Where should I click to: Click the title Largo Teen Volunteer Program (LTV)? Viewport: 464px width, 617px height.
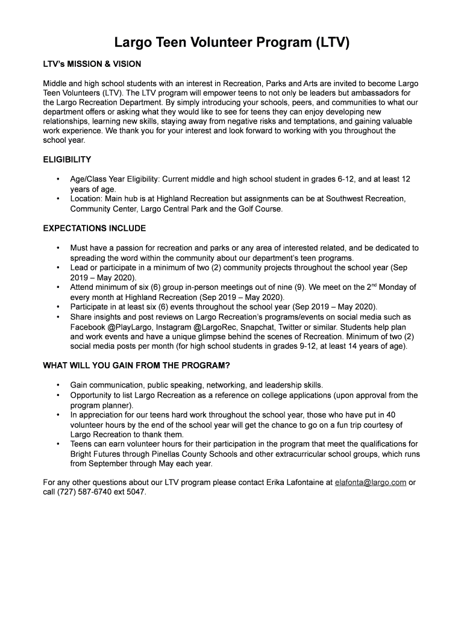(x=232, y=43)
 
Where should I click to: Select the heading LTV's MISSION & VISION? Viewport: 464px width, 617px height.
(x=92, y=64)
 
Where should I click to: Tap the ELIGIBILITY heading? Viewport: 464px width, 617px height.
(x=67, y=160)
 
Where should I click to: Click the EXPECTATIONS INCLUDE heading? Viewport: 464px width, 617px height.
(x=95, y=228)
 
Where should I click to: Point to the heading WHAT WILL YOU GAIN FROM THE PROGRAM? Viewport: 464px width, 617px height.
(x=136, y=366)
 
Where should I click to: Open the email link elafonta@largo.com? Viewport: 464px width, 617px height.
(x=370, y=483)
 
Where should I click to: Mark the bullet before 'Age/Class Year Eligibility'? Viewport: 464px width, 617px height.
(x=58, y=180)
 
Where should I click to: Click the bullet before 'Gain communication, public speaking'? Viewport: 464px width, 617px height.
(x=58, y=386)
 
